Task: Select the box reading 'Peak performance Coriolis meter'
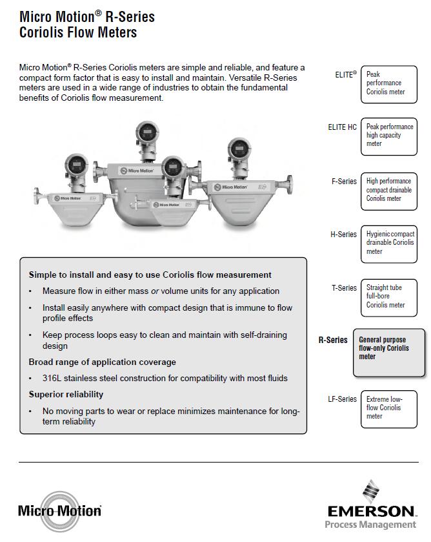387,83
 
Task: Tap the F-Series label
344,182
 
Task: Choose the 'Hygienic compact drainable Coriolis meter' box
387,242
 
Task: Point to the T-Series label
344,288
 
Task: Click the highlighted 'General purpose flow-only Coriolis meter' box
388,352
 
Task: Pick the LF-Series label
342,399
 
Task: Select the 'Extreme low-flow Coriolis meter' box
387,408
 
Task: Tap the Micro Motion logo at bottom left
60,511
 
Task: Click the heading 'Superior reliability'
66,394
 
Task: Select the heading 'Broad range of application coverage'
102,362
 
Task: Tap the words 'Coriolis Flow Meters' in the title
79,32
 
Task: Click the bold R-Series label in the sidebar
333,340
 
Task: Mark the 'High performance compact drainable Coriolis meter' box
387,190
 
